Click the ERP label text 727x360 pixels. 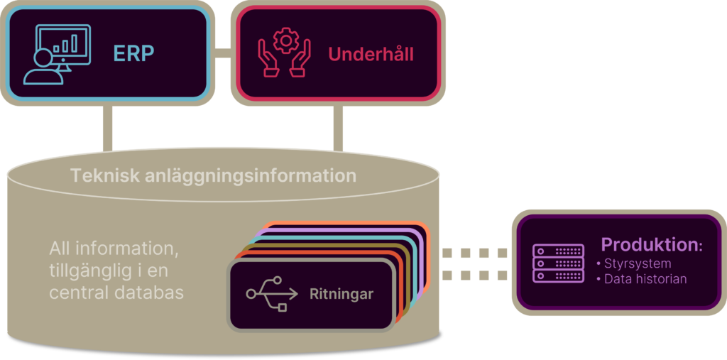coord(133,54)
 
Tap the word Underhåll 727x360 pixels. coord(371,54)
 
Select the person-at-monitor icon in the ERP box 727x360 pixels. coord(57,55)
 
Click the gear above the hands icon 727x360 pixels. coord(285,40)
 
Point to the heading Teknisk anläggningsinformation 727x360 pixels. coord(213,176)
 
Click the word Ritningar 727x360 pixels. coord(341,294)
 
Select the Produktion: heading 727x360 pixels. coord(652,244)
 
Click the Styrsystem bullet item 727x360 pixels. coord(634,263)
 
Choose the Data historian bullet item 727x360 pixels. coord(642,279)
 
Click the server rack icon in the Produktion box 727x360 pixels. coord(558,263)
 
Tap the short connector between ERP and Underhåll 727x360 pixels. coord(222,53)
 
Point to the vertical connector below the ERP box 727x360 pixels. coord(108,129)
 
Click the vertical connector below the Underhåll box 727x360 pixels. coord(338,129)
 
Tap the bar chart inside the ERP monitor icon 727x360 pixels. coord(65,45)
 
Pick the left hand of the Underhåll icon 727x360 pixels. coord(269,58)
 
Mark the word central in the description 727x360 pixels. coord(75,293)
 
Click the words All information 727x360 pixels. coord(114,249)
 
